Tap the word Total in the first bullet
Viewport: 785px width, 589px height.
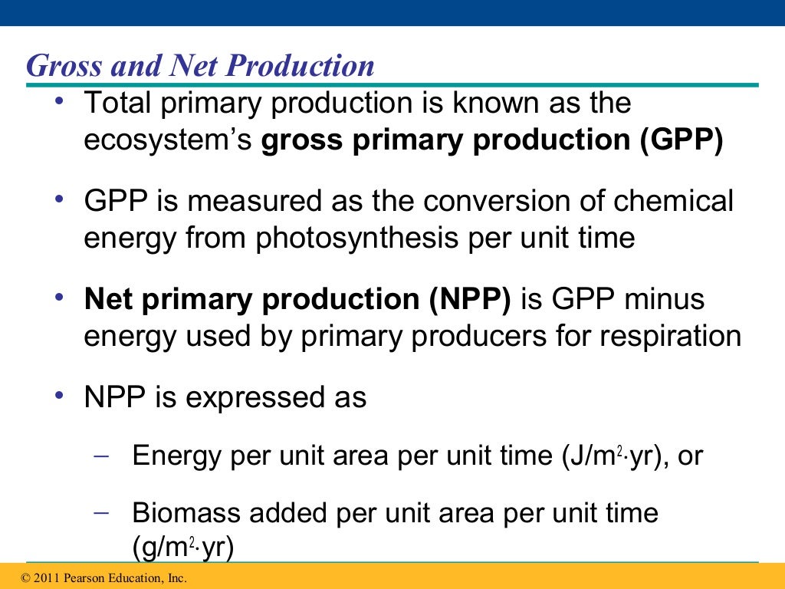tap(117, 104)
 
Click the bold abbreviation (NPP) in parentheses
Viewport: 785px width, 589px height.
tap(468, 298)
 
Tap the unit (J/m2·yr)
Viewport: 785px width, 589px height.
tap(609, 456)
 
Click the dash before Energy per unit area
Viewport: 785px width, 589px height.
tap(100, 454)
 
